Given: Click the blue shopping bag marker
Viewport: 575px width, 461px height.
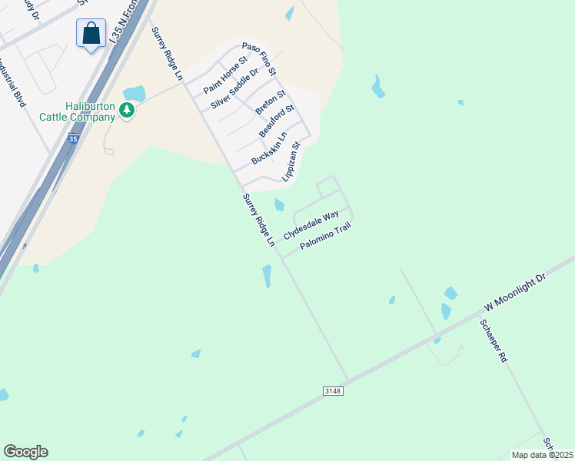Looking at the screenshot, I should pyautogui.click(x=91, y=34).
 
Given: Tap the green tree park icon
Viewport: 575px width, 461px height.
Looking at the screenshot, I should pyautogui.click(x=127, y=112).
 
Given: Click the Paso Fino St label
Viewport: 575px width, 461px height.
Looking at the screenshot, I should pyautogui.click(x=258, y=58).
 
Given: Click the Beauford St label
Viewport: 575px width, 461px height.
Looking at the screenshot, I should pyautogui.click(x=277, y=121).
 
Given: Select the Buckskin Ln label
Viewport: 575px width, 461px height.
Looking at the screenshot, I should pyautogui.click(x=269, y=148).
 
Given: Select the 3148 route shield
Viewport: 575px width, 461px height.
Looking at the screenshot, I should pyautogui.click(x=333, y=391).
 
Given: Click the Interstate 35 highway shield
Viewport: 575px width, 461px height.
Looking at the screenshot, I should pyautogui.click(x=72, y=139).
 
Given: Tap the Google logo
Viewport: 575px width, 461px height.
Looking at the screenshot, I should pyautogui.click(x=25, y=452).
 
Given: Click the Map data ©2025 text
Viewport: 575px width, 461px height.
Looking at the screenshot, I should pyautogui.click(x=542, y=455).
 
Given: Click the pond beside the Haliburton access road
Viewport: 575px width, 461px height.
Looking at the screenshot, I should pyautogui.click(x=135, y=94).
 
